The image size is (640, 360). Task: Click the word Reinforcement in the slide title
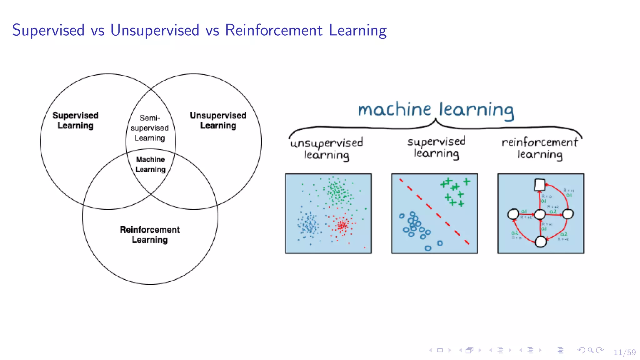273,30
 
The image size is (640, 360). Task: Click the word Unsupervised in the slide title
155,30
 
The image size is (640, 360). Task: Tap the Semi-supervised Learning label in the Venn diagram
150,128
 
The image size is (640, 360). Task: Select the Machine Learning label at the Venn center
150,164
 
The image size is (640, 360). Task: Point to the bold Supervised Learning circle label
75,120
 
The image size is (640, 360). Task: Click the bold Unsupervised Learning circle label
218,120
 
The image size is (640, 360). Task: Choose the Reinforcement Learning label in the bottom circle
150,235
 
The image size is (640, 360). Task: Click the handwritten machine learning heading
436,110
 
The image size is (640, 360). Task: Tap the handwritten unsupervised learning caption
326,149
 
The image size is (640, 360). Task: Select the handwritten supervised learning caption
436,147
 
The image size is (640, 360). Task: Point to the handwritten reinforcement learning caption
540,148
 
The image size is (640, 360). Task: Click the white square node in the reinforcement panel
540,185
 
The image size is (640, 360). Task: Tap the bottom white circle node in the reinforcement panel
541,242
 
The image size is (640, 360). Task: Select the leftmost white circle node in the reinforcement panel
513,214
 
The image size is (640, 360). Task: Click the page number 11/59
624,352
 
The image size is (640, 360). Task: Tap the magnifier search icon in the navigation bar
590,350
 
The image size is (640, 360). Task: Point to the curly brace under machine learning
436,126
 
